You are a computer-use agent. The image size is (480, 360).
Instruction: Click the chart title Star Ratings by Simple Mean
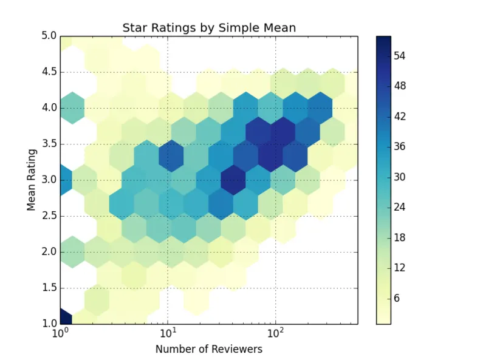pyautogui.click(x=208, y=27)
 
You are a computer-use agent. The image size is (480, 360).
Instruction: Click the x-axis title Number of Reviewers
pyautogui.click(x=208, y=349)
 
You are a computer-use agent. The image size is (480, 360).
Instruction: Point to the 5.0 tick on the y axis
pyautogui.click(x=48, y=36)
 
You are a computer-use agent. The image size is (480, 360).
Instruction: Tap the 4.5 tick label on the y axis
pyautogui.click(x=48, y=72)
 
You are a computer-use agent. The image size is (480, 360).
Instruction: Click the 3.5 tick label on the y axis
pyautogui.click(x=48, y=144)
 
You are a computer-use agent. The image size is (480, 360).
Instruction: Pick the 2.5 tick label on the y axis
pyautogui.click(x=48, y=216)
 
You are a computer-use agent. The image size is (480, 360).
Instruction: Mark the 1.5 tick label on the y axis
pyautogui.click(x=48, y=288)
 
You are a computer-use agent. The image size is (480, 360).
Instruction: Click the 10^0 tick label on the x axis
pyautogui.click(x=60, y=333)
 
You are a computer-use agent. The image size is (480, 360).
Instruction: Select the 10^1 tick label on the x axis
pyautogui.click(x=168, y=333)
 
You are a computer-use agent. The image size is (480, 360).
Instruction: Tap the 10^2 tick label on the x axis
pyautogui.click(x=275, y=333)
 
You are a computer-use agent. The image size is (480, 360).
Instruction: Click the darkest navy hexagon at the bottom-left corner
pyautogui.click(x=64, y=318)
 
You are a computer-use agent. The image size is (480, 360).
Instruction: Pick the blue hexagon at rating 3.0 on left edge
pyautogui.click(x=64, y=180)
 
